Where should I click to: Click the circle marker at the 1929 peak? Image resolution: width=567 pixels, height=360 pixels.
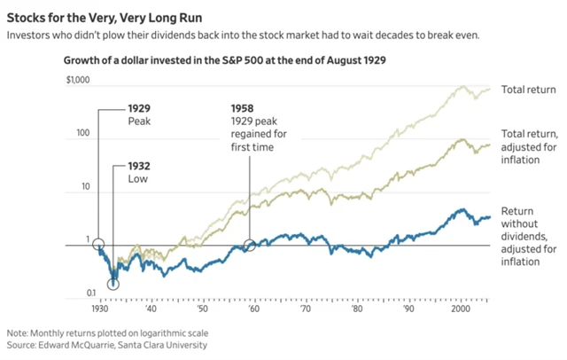click(x=98, y=244)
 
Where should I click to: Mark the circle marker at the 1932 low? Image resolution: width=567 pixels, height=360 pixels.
click(x=113, y=284)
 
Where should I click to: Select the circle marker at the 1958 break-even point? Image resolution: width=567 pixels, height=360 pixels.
click(x=250, y=244)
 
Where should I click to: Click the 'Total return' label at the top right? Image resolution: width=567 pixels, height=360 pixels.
click(x=529, y=90)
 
